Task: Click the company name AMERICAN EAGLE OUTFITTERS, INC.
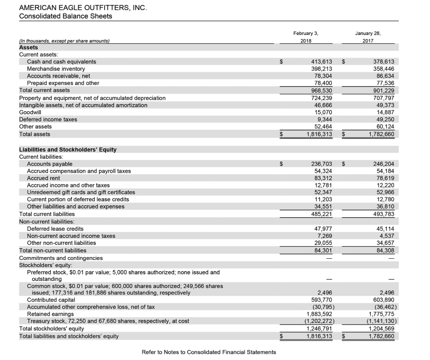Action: (x=84, y=8)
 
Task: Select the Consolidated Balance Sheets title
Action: (x=66, y=16)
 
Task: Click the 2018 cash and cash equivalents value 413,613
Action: (x=321, y=62)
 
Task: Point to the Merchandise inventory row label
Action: (x=56, y=69)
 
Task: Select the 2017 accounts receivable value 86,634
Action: (x=383, y=76)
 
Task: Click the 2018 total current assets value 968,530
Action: (x=321, y=90)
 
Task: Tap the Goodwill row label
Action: (x=30, y=112)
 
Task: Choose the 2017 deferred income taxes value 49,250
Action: (x=383, y=119)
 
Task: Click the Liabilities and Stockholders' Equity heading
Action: (x=68, y=150)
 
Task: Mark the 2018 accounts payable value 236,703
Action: (x=321, y=164)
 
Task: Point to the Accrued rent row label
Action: (x=43, y=178)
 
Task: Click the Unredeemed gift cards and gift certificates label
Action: (x=81, y=192)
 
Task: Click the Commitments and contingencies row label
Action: (x=61, y=258)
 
